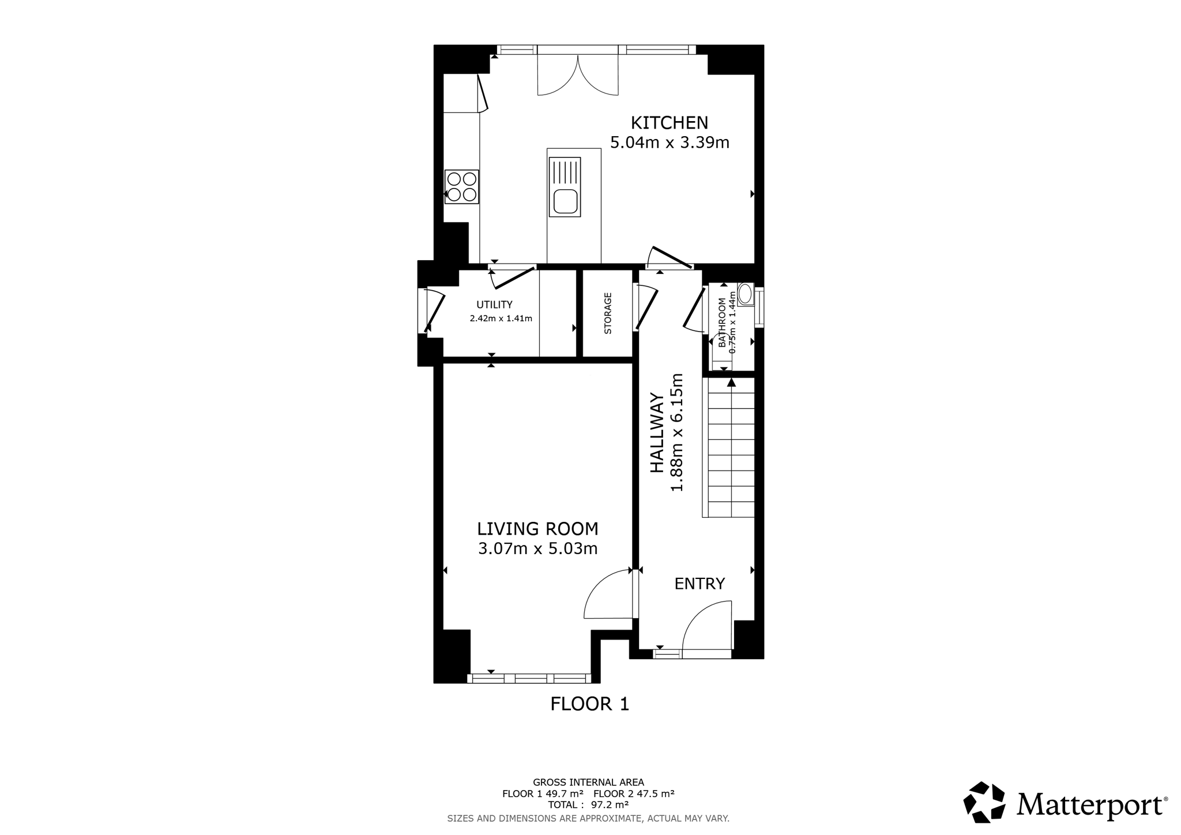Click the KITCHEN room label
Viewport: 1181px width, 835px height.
pyautogui.click(x=670, y=123)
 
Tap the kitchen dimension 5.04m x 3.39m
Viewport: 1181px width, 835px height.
pyautogui.click(x=670, y=142)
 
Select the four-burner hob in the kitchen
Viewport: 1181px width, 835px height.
pyautogui.click(x=462, y=187)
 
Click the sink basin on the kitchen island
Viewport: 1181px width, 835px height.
pyautogui.click(x=565, y=202)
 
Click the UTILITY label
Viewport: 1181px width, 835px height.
pyautogui.click(x=494, y=305)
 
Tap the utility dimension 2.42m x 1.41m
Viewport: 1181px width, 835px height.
pyautogui.click(x=501, y=318)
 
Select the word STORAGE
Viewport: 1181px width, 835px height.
pyautogui.click(x=608, y=314)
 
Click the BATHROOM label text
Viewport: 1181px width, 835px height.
pyautogui.click(x=722, y=322)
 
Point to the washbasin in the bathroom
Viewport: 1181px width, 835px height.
pyautogui.click(x=745, y=294)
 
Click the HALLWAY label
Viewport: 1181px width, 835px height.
pyautogui.click(x=657, y=433)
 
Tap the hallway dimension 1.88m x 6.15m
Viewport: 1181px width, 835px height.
pyautogui.click(x=676, y=432)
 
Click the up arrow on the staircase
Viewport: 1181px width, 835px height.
pyautogui.click(x=731, y=382)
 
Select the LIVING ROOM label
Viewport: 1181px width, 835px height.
pyautogui.click(x=538, y=529)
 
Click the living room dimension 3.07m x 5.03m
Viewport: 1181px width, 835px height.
pyautogui.click(x=538, y=548)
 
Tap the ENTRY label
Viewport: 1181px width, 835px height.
pyautogui.click(x=699, y=584)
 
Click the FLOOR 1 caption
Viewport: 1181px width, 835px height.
pyautogui.click(x=590, y=704)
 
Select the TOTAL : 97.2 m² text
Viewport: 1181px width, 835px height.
pyautogui.click(x=588, y=805)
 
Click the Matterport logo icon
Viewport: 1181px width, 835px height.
pyautogui.click(x=984, y=802)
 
